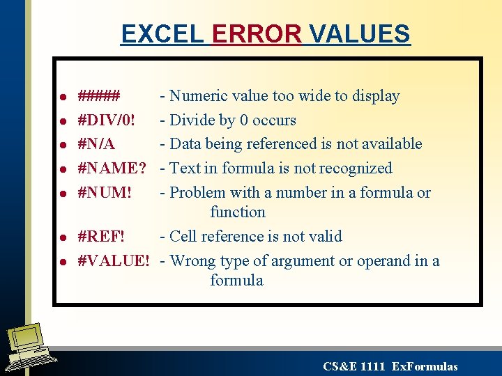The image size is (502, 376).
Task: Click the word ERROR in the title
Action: (257, 33)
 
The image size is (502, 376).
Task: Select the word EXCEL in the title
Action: (162, 33)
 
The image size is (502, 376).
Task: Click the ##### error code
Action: (99, 96)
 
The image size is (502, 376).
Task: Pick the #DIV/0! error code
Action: (107, 120)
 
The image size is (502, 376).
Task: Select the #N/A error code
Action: (96, 144)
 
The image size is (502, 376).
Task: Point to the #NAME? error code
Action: (112, 169)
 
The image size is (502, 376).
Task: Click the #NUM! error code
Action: (105, 193)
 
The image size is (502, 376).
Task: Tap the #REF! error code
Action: (102, 237)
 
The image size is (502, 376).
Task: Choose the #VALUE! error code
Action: (114, 261)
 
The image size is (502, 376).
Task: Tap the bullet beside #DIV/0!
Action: (62, 121)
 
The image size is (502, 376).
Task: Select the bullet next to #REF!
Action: (62, 237)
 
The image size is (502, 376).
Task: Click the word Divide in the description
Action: (192, 120)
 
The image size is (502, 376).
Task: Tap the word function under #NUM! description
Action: (238, 212)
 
